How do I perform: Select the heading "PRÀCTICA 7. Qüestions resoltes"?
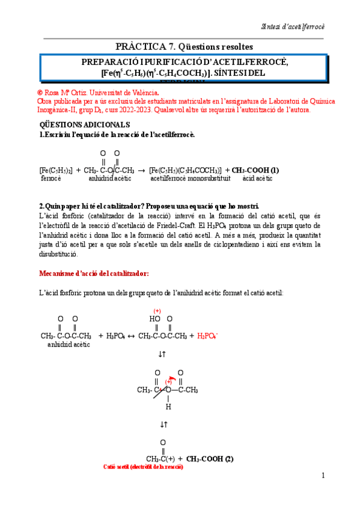point(184,46)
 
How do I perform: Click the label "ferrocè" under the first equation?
point(51,179)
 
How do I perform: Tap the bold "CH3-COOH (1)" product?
point(255,170)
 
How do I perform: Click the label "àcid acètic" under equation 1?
point(257,179)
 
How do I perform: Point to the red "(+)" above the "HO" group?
point(157,311)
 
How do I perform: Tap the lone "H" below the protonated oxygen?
point(168,407)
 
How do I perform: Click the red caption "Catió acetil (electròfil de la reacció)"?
point(143,467)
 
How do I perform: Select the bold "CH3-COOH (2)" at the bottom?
point(210,459)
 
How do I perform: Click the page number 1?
point(323,476)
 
